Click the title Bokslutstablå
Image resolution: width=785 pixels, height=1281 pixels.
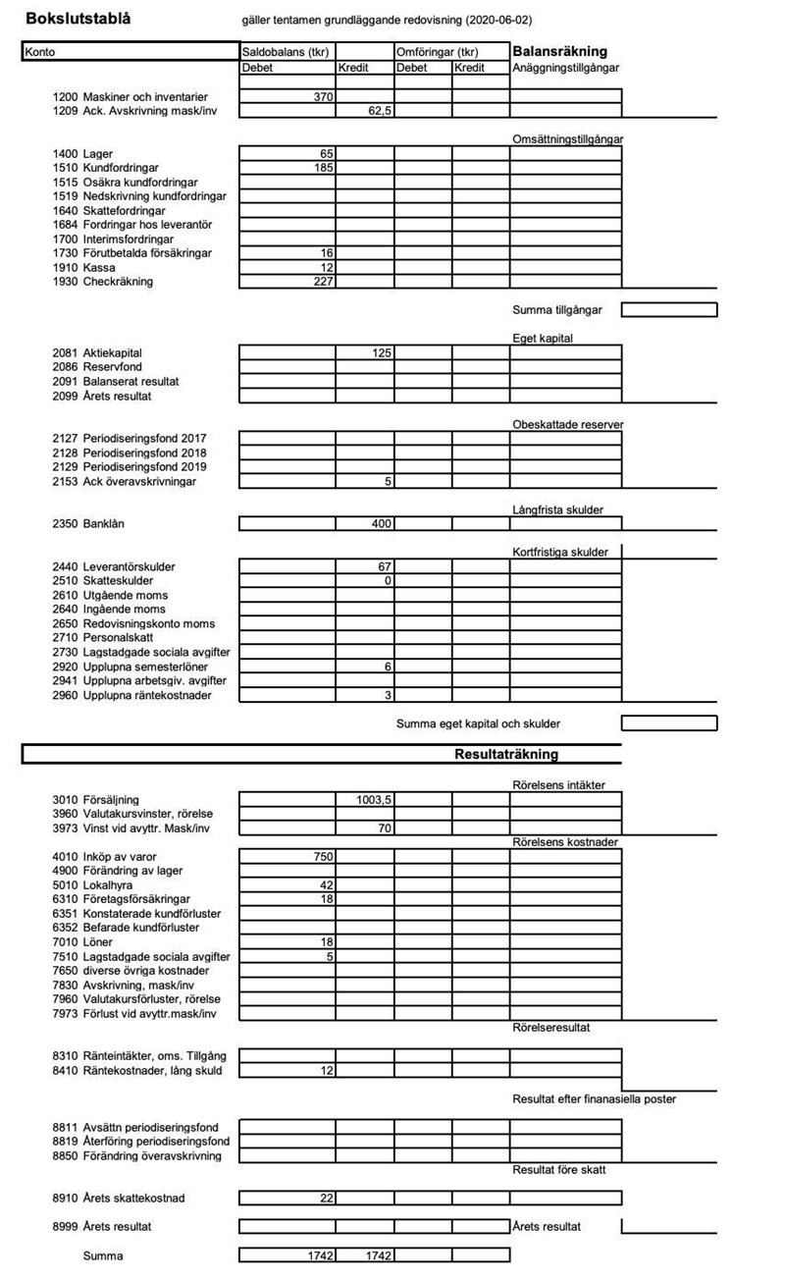tap(78, 19)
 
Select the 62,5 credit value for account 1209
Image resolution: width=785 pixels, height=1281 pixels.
tap(378, 111)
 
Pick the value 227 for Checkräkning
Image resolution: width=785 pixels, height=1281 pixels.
tap(323, 283)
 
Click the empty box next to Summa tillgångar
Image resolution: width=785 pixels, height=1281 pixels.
tap(668, 310)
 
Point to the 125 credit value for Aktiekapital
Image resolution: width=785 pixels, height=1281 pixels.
tap(382, 352)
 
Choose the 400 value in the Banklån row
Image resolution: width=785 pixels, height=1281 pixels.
tap(381, 524)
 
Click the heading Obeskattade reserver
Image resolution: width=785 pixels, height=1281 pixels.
tap(567, 424)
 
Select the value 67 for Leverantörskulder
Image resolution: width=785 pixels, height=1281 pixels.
tap(385, 567)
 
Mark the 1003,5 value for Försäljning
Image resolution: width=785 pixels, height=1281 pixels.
tap(375, 800)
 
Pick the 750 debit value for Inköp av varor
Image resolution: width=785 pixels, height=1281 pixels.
tap(323, 857)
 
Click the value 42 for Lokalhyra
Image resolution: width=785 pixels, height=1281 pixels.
tap(327, 885)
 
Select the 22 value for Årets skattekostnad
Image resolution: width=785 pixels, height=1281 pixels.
tap(327, 1199)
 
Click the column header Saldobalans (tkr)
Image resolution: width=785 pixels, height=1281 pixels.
tap(286, 51)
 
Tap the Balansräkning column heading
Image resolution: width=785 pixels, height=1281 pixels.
tap(559, 51)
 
